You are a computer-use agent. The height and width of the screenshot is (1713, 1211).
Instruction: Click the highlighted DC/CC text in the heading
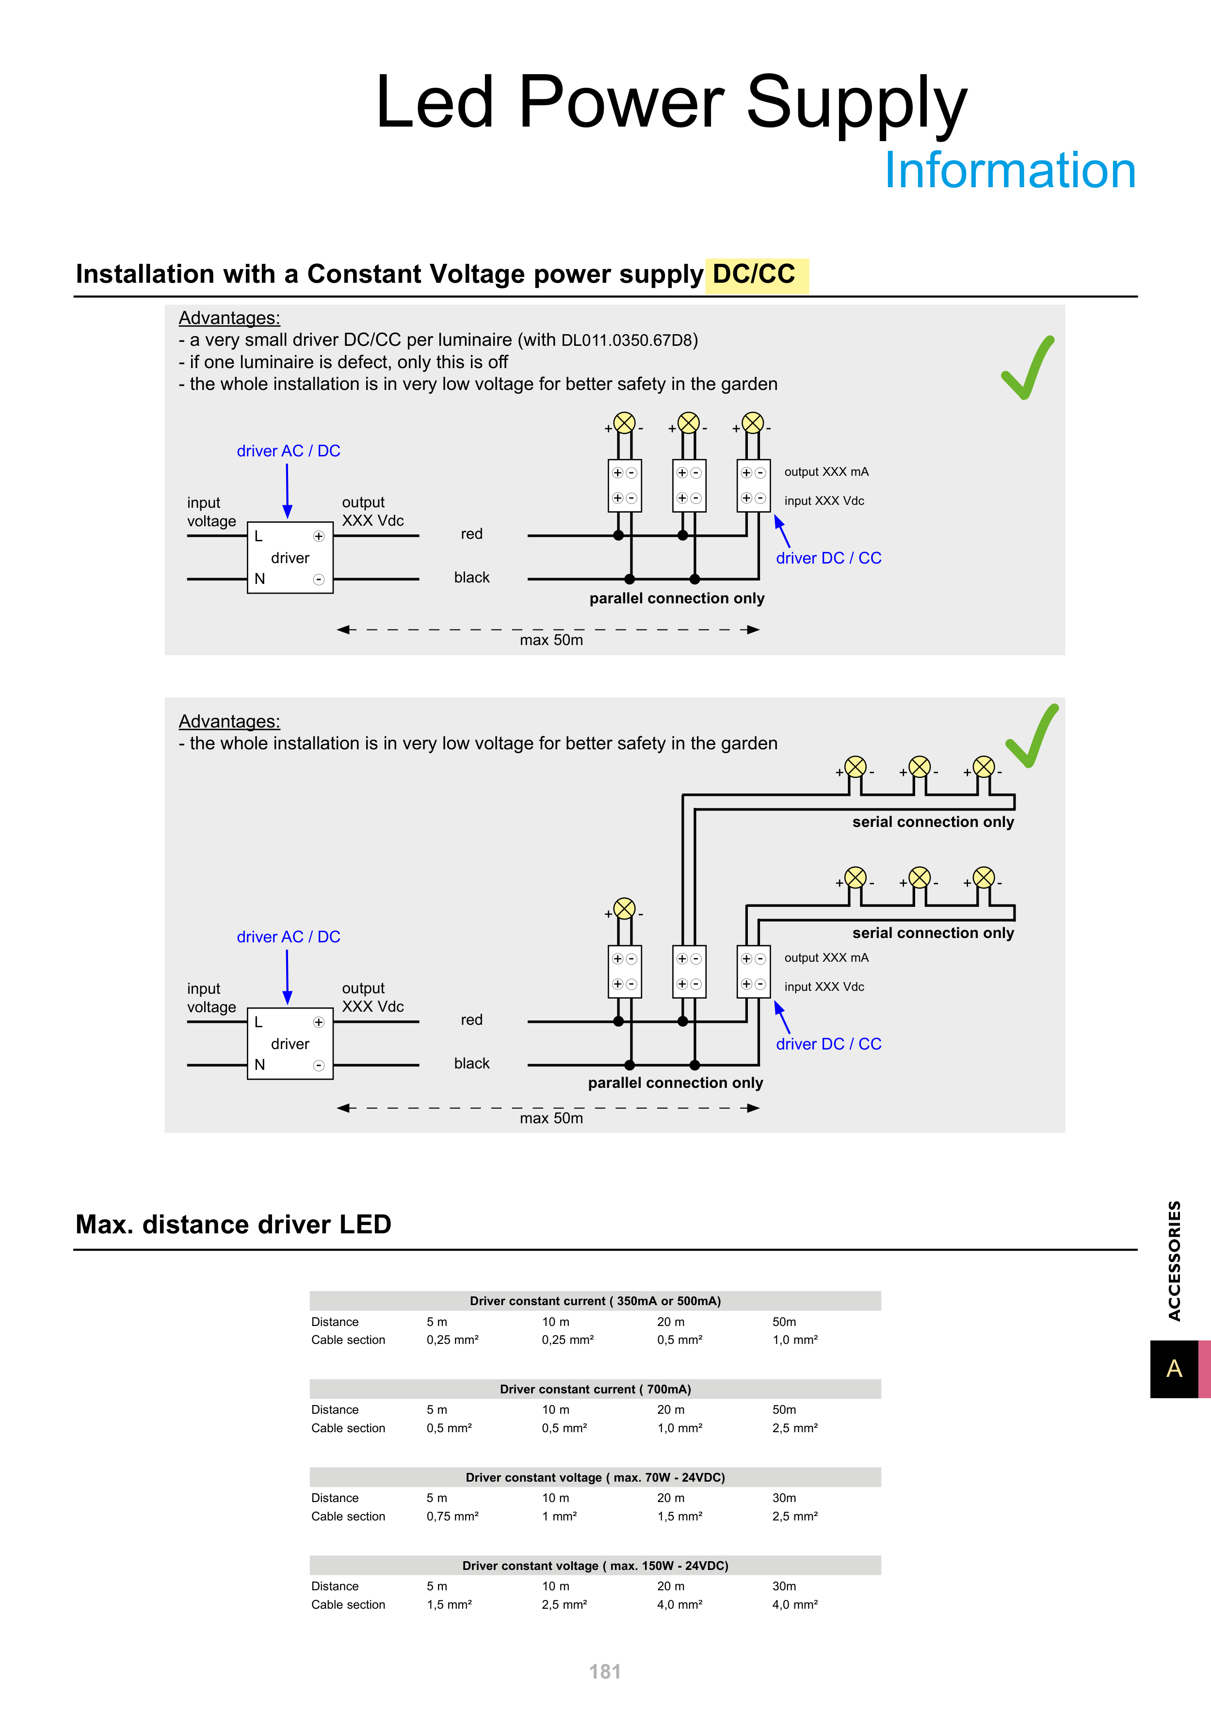point(754,275)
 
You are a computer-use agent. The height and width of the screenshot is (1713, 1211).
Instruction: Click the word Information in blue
point(1010,171)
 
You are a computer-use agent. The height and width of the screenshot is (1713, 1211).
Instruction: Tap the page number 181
point(604,1671)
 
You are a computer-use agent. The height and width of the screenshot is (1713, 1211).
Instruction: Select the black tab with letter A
point(1174,1368)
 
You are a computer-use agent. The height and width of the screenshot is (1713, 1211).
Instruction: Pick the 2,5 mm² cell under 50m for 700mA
point(795,1428)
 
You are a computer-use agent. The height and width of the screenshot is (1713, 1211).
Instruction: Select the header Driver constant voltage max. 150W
point(595,1565)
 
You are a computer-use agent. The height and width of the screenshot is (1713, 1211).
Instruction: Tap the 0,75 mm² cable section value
point(452,1516)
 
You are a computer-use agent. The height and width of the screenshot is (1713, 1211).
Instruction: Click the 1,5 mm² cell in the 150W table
point(449,1604)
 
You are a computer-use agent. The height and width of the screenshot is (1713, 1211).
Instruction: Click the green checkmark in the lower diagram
point(1032,736)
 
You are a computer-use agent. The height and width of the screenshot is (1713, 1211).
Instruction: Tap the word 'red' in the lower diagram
point(471,1020)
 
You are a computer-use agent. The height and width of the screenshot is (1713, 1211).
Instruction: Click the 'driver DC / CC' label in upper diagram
point(828,558)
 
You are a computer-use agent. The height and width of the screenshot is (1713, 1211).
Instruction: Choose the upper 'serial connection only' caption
point(933,822)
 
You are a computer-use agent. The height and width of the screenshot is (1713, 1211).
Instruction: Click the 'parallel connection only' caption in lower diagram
point(675,1083)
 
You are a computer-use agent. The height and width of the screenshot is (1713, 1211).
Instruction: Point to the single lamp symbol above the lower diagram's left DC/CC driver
point(625,909)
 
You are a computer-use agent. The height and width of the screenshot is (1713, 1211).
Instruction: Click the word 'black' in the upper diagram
point(471,578)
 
